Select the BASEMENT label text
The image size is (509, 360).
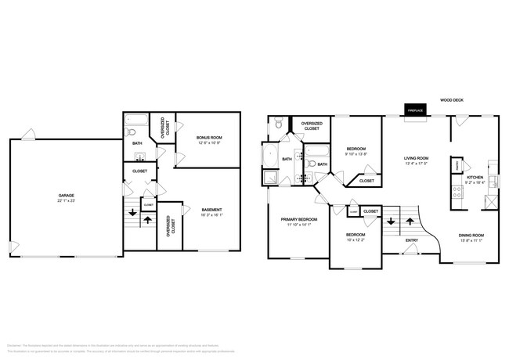pyautogui.click(x=211, y=209)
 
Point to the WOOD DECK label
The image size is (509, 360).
pyautogui.click(x=452, y=100)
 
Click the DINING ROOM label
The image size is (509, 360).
pyautogui.click(x=471, y=235)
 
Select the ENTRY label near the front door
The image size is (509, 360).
pyautogui.click(x=411, y=251)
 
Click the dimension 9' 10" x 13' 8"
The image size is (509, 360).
pyautogui.click(x=356, y=153)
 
